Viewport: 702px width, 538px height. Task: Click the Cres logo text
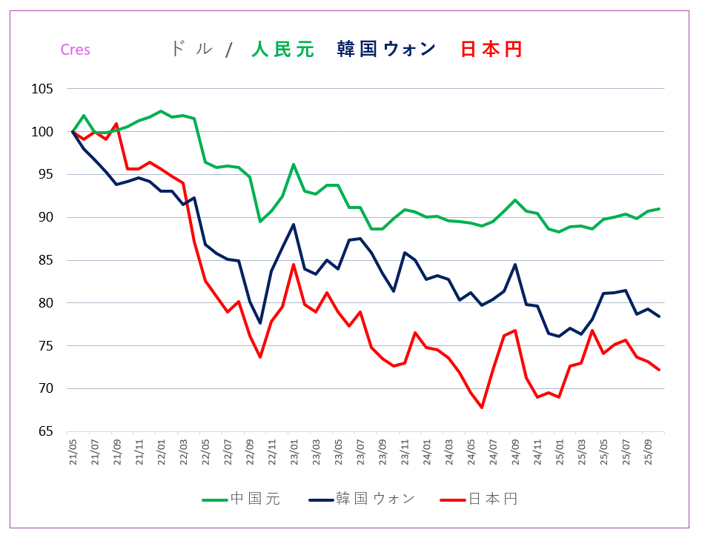[75, 50]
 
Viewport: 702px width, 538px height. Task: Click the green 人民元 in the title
[282, 50]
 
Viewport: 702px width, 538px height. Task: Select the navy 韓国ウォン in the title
[385, 50]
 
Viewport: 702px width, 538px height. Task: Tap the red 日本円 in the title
[491, 50]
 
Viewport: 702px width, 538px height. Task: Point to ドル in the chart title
[191, 50]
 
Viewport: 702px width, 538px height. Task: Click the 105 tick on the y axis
[43, 89]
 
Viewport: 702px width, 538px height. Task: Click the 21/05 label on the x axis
[73, 452]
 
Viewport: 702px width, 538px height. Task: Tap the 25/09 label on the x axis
[648, 452]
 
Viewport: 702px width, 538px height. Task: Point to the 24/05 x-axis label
[471, 452]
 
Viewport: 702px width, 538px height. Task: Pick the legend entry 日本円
[492, 499]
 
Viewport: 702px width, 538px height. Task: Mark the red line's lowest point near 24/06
[482, 407]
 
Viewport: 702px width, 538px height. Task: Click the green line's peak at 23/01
[294, 165]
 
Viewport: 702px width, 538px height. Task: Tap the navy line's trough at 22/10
[260, 323]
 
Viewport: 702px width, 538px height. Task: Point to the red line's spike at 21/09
[116, 124]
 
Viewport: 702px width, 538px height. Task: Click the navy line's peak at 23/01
[294, 225]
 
